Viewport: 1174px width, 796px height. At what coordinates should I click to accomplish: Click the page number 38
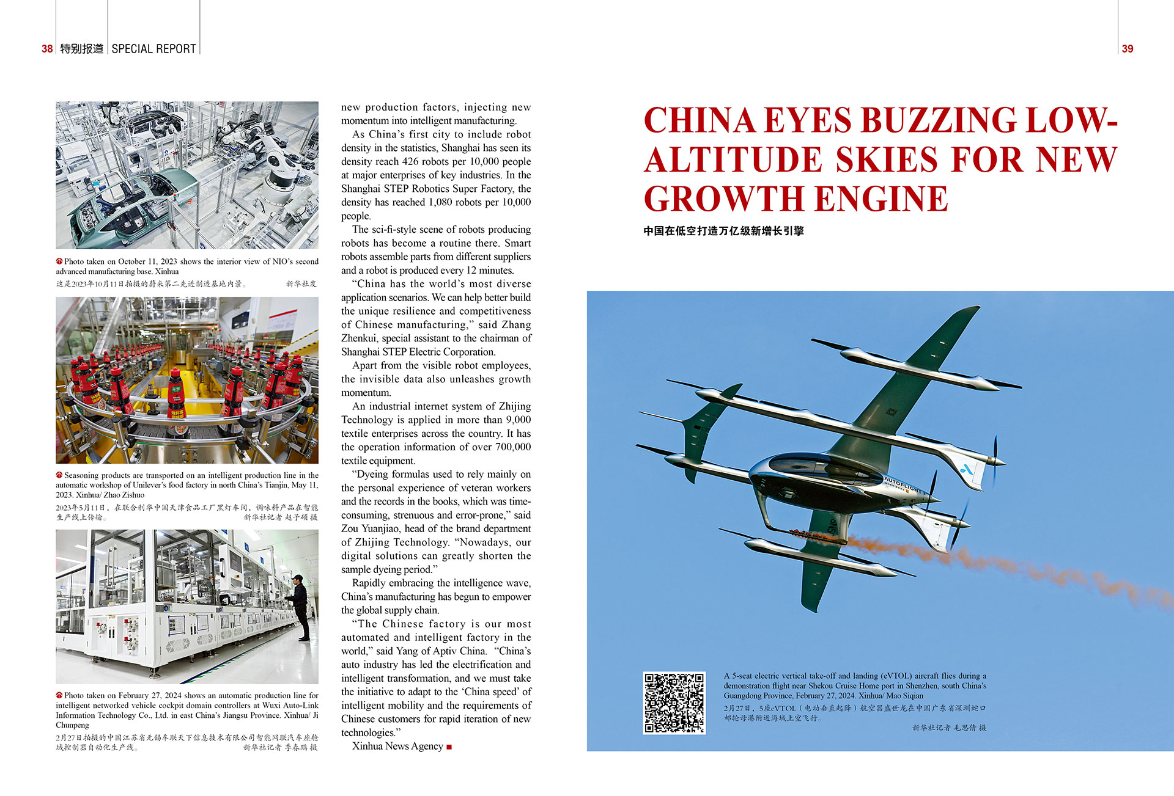47,49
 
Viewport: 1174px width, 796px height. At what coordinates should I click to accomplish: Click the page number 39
1128,49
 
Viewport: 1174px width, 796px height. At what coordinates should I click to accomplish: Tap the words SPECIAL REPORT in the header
153,49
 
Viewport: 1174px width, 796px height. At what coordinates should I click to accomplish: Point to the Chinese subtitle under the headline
723,231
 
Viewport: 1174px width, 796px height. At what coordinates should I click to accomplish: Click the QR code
674,703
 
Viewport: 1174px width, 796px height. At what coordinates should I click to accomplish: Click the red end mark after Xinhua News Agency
449,747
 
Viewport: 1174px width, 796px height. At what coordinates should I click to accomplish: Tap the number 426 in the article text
410,162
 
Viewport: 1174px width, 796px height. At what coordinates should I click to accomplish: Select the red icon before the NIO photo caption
59,261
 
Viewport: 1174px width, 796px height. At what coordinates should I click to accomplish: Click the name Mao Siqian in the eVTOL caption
905,696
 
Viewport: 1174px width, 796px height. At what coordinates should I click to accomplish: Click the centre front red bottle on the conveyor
176,394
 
